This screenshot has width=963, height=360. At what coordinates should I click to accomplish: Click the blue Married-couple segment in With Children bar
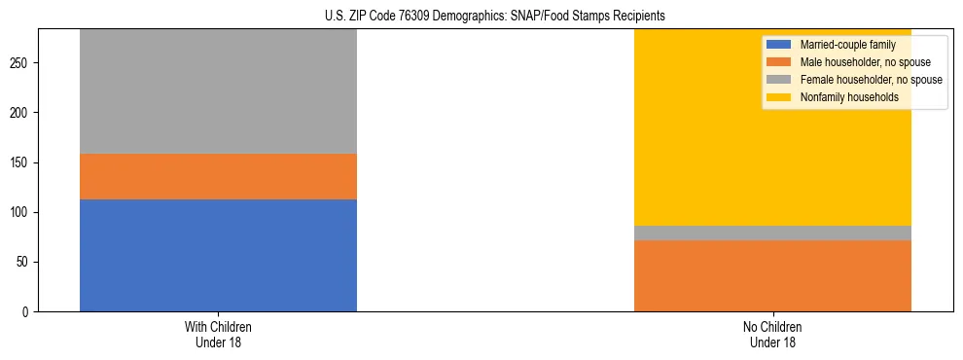(218, 255)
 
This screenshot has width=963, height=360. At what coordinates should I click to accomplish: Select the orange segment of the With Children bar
(218, 176)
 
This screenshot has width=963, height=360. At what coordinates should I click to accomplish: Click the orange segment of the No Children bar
(772, 275)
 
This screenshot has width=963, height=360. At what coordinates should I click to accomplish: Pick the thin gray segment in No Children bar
(772, 233)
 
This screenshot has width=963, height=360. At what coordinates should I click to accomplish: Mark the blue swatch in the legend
(779, 45)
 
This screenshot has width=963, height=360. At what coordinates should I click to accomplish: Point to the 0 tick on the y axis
(27, 312)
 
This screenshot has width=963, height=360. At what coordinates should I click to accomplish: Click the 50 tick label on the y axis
(24, 263)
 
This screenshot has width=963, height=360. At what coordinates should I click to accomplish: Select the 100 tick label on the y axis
(21, 212)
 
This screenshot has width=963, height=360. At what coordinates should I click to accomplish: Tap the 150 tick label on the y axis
(21, 162)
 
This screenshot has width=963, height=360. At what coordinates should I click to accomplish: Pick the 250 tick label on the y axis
(21, 63)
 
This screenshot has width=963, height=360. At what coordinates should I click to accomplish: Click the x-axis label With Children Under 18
(218, 335)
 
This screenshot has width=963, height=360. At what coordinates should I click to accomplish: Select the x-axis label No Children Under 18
(772, 335)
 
